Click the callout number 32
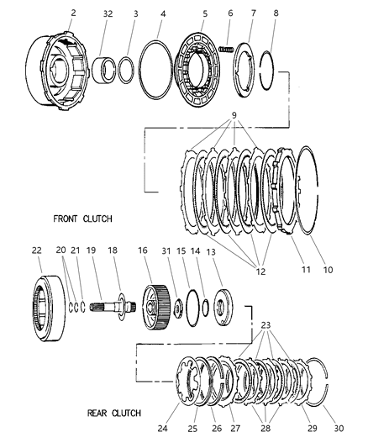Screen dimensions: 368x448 pyautogui.click(x=108, y=13)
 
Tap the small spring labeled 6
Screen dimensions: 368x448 pyautogui.click(x=226, y=49)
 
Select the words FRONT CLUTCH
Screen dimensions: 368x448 pyautogui.click(x=83, y=219)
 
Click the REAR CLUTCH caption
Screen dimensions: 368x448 pyautogui.click(x=114, y=414)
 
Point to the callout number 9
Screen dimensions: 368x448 pyautogui.click(x=234, y=115)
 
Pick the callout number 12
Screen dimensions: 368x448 pyautogui.click(x=260, y=271)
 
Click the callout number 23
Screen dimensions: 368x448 pyautogui.click(x=265, y=325)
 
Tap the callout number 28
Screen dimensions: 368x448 pyautogui.click(x=265, y=428)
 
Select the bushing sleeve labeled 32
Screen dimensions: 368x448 pyautogui.click(x=104, y=71)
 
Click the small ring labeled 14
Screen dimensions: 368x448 pyautogui.click(x=205, y=308)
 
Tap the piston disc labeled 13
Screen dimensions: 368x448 pyautogui.click(x=223, y=307)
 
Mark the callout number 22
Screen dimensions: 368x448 pyautogui.click(x=36, y=250)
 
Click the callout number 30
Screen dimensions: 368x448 pyautogui.click(x=339, y=428)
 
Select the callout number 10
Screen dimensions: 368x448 pyautogui.click(x=328, y=270)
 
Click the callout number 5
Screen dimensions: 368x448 pyautogui.click(x=205, y=13)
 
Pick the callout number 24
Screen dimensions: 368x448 pyautogui.click(x=162, y=429)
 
